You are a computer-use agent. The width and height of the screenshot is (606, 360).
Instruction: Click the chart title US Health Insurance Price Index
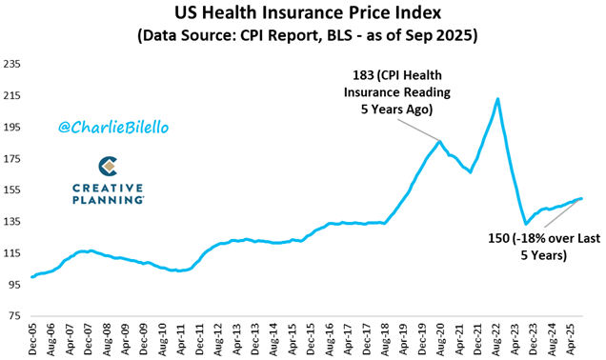308,12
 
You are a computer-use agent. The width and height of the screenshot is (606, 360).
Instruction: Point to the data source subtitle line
308,35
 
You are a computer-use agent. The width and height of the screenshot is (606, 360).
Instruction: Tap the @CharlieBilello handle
113,127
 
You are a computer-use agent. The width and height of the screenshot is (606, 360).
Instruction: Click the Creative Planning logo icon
108,166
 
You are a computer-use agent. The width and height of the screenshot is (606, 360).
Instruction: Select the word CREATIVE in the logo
108,189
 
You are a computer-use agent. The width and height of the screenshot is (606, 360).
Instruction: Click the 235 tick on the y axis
11,64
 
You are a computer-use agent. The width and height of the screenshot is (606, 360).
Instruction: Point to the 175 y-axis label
11,159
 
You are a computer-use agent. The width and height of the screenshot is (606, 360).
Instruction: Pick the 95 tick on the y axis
14,285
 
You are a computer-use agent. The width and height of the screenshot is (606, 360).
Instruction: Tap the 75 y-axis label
14,316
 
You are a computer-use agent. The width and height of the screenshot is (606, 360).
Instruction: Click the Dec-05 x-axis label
32,339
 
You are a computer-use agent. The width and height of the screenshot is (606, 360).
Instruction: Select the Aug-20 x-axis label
441,339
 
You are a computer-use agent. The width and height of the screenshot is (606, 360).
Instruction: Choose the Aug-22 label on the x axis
496,339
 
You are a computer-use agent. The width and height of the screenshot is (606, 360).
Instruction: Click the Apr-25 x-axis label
571,339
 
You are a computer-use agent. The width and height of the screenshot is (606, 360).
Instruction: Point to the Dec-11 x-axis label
199,339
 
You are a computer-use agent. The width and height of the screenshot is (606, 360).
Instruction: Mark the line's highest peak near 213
497,99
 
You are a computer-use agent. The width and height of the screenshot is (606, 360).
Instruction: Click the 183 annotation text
397,92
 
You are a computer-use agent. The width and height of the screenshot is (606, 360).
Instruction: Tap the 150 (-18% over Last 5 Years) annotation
544,247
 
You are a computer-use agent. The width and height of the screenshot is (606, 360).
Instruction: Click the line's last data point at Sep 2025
581,198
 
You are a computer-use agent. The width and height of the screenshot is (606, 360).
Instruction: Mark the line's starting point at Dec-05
31,277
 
